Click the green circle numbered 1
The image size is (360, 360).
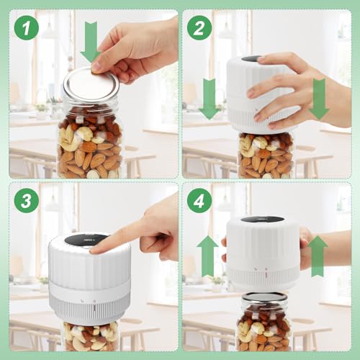(x=27, y=27)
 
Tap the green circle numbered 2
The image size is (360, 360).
(x=199, y=27)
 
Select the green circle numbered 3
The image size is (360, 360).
(x=27, y=200)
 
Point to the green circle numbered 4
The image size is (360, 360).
(x=199, y=200)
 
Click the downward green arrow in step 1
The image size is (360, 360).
(x=91, y=42)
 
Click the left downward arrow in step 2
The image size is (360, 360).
(x=209, y=99)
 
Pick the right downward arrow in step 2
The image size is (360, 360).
(x=319, y=99)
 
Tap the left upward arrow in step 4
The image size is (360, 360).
(x=207, y=256)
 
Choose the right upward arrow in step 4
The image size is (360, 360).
(x=318, y=256)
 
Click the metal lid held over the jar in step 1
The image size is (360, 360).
(x=91, y=84)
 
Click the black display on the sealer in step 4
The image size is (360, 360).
(x=262, y=220)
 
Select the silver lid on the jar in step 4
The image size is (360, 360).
(x=264, y=298)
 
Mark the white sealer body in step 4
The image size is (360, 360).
(x=263, y=253)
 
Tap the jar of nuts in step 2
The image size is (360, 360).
(x=266, y=155)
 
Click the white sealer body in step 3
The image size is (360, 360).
(x=89, y=279)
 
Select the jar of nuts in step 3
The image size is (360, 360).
(x=91, y=336)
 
